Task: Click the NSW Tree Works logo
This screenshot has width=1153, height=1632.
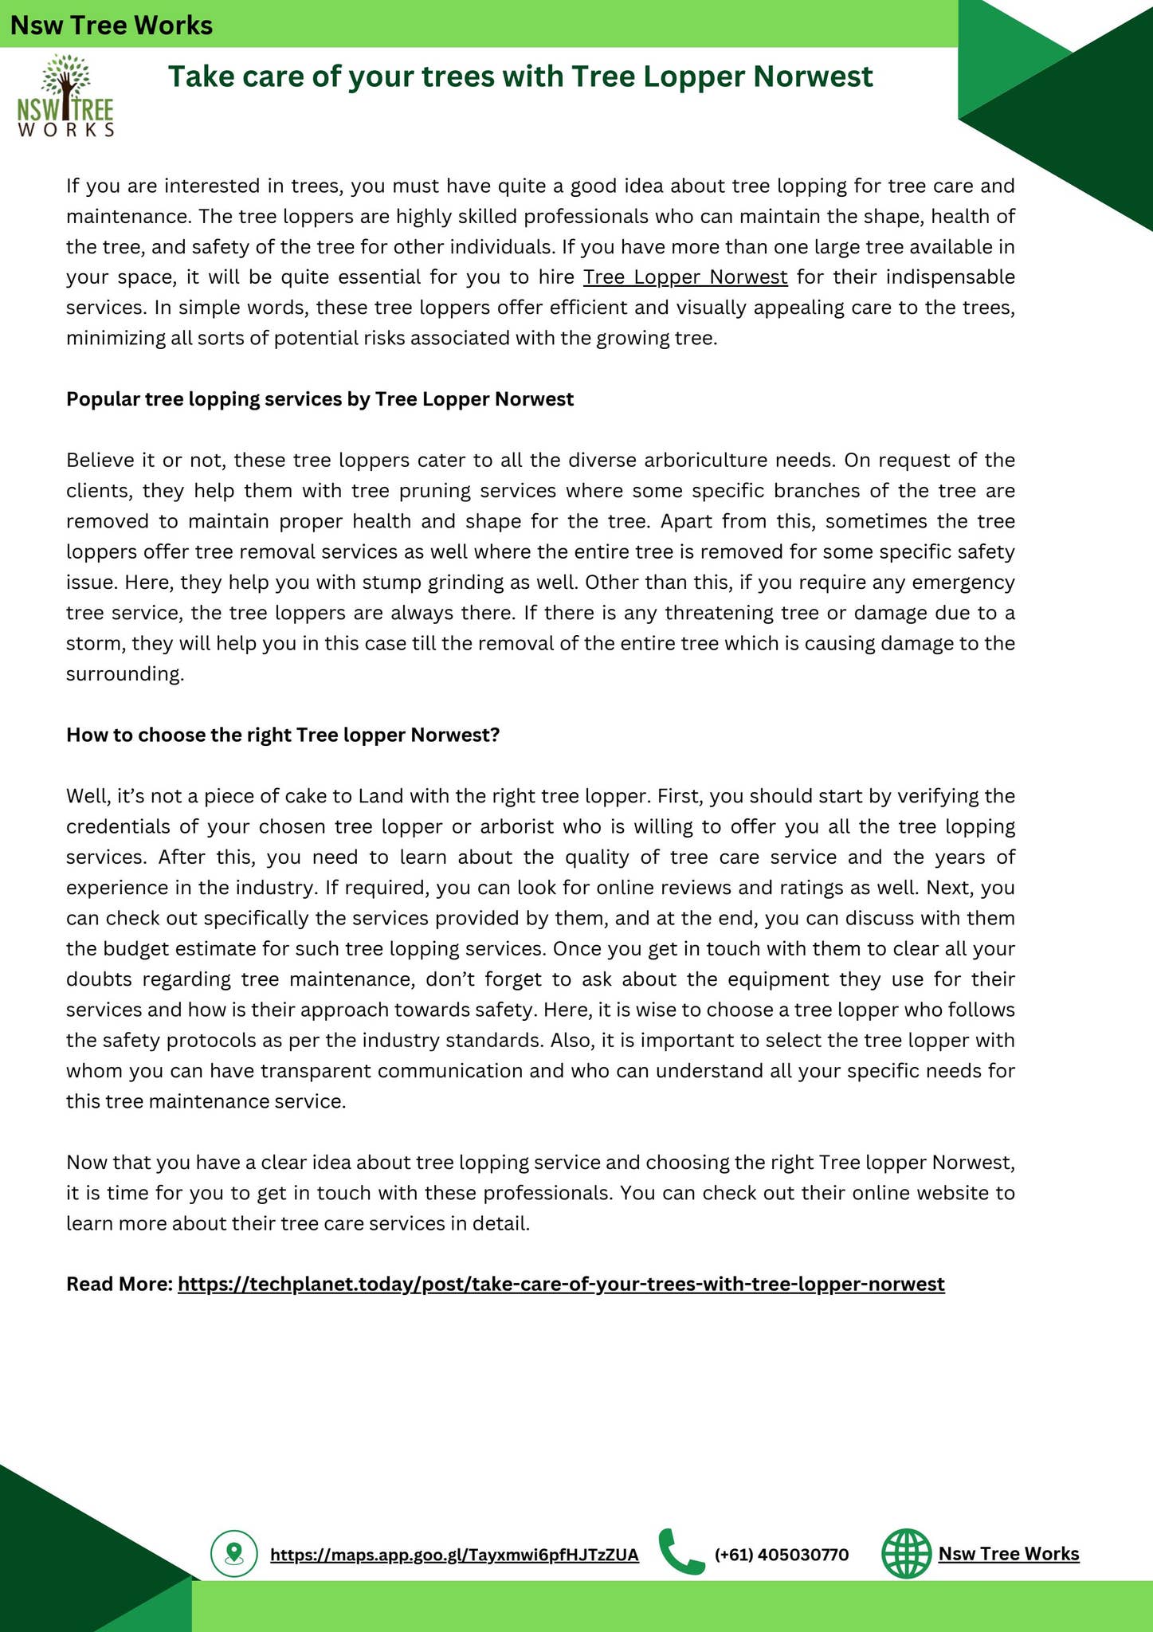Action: [x=65, y=96]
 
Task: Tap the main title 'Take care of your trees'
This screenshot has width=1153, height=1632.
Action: [x=520, y=77]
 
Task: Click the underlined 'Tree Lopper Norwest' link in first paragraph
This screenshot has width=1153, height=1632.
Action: [x=685, y=277]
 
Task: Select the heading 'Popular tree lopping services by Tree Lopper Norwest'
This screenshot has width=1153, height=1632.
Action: [x=320, y=399]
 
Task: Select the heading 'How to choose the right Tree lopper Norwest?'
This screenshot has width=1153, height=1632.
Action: [x=282, y=735]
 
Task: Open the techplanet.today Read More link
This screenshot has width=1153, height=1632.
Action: [x=561, y=1284]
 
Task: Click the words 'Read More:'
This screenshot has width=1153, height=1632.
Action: [x=120, y=1284]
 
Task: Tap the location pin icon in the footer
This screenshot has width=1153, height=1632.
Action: [x=233, y=1553]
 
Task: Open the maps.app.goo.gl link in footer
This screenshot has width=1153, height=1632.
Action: [x=454, y=1555]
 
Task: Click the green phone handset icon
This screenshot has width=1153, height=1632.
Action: [x=681, y=1552]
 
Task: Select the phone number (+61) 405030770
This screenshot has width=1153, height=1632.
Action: [x=782, y=1555]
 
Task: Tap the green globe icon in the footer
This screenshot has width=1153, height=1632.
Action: [x=906, y=1553]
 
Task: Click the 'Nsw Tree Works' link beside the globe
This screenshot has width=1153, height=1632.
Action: [x=1009, y=1553]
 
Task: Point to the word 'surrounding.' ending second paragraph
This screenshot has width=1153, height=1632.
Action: [x=125, y=674]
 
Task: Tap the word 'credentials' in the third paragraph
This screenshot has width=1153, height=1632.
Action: [x=118, y=826]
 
